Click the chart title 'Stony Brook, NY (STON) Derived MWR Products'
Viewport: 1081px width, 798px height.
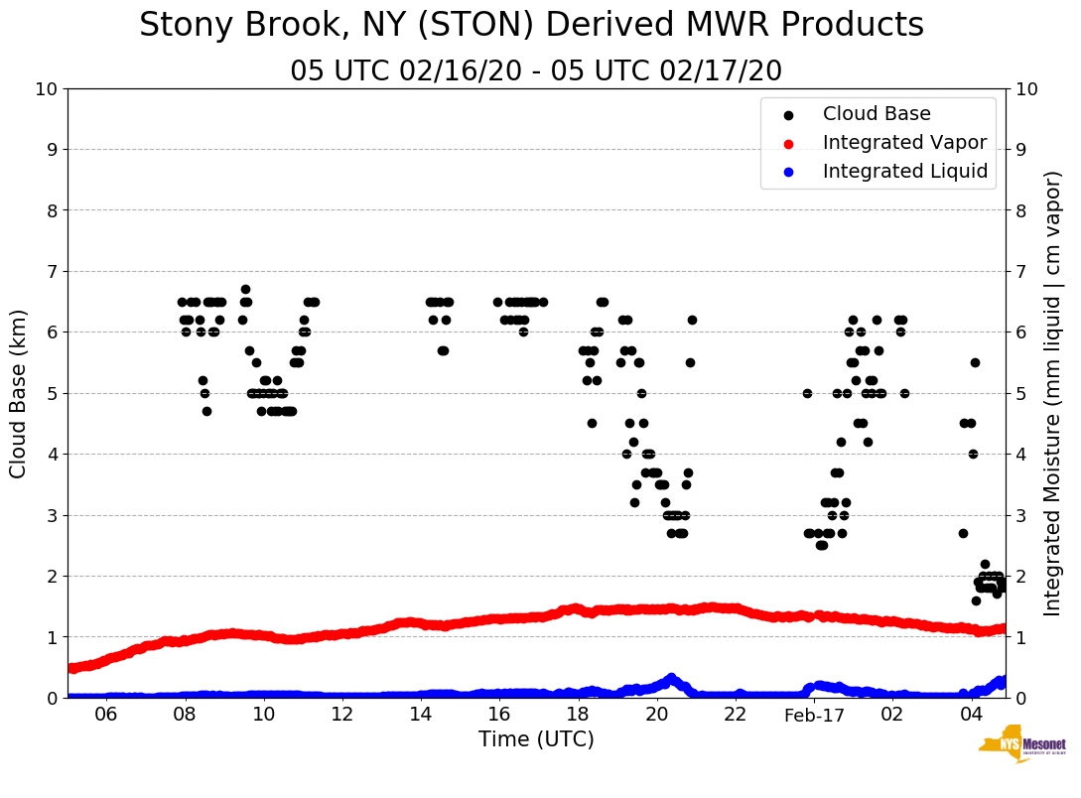[x=531, y=26]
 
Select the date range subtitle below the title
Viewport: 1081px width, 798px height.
[x=536, y=71]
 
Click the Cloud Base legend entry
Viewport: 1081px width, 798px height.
[x=877, y=114]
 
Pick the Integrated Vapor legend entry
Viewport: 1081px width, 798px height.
[x=904, y=143]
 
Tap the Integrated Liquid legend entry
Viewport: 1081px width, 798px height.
[x=905, y=172]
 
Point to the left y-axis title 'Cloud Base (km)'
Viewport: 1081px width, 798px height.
[x=19, y=393]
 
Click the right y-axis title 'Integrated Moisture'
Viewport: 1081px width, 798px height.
[x=1053, y=393]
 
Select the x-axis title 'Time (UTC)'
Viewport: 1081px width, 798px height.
[x=536, y=739]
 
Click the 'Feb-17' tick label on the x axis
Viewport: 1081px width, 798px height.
[x=813, y=715]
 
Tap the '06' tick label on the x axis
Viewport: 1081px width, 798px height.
[x=106, y=715]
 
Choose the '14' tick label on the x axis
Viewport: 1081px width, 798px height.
[x=421, y=715]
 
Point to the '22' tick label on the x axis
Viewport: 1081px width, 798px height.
[x=735, y=715]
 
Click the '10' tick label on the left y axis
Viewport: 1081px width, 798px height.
[x=46, y=89]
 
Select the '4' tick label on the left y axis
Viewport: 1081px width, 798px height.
[x=51, y=455]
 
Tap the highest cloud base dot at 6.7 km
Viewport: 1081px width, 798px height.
[x=245, y=290]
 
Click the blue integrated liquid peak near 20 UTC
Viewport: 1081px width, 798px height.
[x=671, y=679]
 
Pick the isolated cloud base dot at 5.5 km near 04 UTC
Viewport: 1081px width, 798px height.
[x=975, y=362]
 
